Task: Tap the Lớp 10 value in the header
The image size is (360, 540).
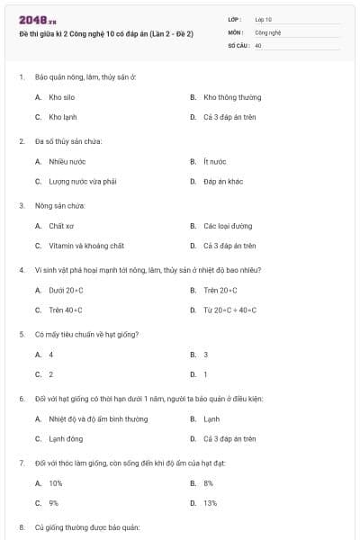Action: pyautogui.click(x=264, y=18)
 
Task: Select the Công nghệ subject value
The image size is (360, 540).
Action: pyautogui.click(x=268, y=31)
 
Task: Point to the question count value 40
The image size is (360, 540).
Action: pyautogui.click(x=258, y=44)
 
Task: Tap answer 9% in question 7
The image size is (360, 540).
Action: pyautogui.click(x=54, y=503)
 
